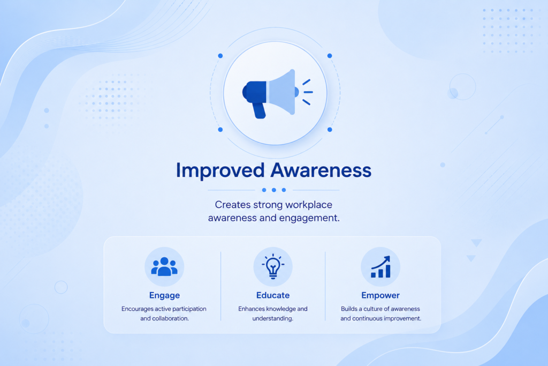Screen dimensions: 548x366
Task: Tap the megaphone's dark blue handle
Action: (x=259, y=110)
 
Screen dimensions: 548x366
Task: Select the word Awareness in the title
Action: (x=321, y=170)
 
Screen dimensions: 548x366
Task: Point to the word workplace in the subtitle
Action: (x=308, y=205)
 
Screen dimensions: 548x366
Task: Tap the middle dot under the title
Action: (x=274, y=190)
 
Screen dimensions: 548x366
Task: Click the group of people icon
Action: (x=164, y=267)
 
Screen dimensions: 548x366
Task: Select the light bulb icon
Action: (x=273, y=266)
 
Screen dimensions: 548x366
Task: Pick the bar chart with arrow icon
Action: (x=380, y=267)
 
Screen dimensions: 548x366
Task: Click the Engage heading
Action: (x=165, y=295)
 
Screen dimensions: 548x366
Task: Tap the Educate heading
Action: (x=273, y=295)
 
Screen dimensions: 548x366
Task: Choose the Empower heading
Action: (x=380, y=295)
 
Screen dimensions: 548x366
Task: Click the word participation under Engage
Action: (x=189, y=309)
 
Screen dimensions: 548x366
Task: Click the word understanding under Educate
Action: (x=273, y=318)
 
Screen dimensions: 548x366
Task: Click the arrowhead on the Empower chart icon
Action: (x=386, y=259)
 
